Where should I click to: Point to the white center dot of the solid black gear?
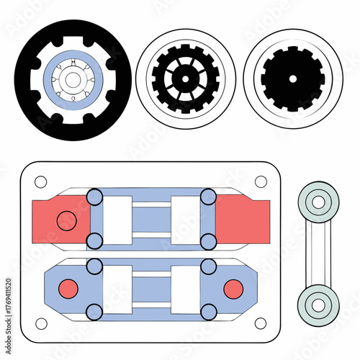point(292,78)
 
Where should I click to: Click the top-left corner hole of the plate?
point(40,181)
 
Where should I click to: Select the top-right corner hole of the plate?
point(261,181)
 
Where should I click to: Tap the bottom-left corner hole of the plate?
point(40,323)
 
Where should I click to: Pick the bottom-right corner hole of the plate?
point(261,323)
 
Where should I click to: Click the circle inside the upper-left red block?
point(66,220)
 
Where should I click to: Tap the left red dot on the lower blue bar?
point(67,289)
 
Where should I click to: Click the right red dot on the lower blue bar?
point(233,289)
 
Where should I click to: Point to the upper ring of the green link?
point(318,202)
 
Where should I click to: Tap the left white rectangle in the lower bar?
point(117,289)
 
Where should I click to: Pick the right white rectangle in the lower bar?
point(185,289)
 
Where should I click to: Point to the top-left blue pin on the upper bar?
point(94,196)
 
